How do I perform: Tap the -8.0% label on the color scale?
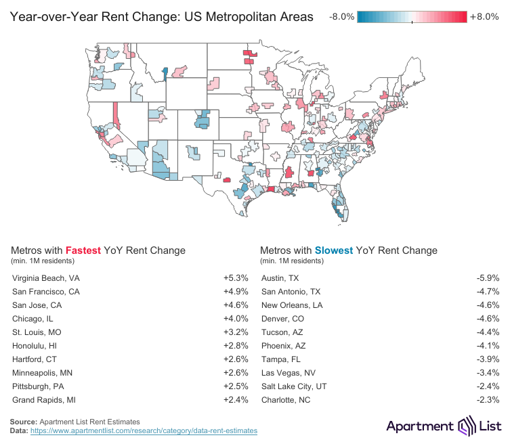[x=341, y=17]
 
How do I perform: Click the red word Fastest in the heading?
[x=86, y=250]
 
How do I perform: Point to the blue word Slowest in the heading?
[x=333, y=250]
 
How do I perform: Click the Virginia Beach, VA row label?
[x=46, y=278]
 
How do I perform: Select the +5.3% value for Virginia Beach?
[x=236, y=278]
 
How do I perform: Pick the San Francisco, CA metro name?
[x=46, y=292]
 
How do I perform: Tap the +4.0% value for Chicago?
[x=236, y=319]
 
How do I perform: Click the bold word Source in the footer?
[x=24, y=422]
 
